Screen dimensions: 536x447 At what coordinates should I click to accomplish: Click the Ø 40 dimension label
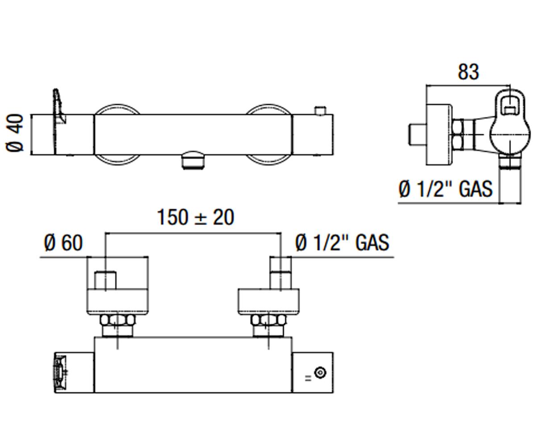pyautogui.click(x=15, y=133)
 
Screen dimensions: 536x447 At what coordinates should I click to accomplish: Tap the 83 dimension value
pyautogui.click(x=468, y=72)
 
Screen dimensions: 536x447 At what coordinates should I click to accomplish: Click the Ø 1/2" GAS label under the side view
pyautogui.click(x=445, y=189)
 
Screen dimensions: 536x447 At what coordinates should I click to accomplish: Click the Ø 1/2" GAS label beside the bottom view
pyautogui.click(x=342, y=242)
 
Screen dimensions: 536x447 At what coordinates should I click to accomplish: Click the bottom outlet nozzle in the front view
pyautogui.click(x=193, y=160)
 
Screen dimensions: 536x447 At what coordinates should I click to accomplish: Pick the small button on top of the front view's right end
pyautogui.click(x=320, y=110)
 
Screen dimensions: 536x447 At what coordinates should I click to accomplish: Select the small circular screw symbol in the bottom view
pyautogui.click(x=321, y=372)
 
